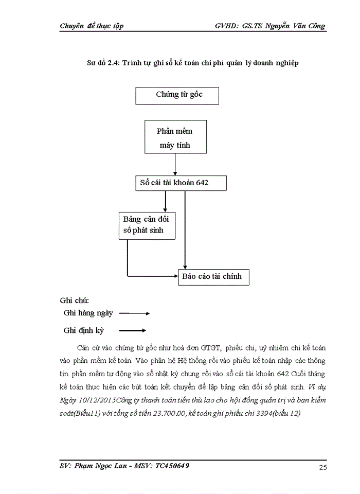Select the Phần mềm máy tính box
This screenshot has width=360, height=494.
(175, 137)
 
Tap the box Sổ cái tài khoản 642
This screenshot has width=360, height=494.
(178, 183)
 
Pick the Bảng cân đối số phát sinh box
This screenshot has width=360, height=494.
(147, 225)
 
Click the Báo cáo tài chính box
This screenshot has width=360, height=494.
(214, 277)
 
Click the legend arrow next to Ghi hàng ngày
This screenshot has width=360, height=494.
(134, 313)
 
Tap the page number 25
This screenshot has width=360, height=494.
(323, 467)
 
